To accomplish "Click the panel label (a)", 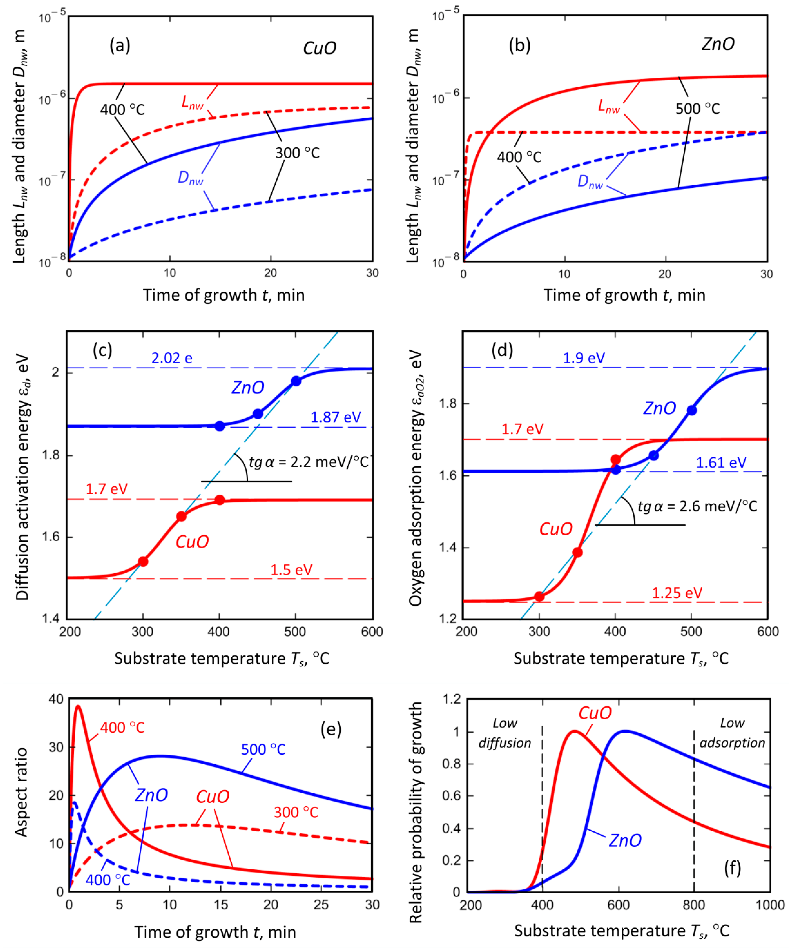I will tap(120, 46).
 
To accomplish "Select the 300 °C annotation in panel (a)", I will tap(297, 153).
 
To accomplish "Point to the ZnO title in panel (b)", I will tap(718, 44).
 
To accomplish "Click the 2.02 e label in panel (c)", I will tap(172, 358).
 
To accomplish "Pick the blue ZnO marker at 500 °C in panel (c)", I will tap(296, 381).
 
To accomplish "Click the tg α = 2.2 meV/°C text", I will tap(309, 462).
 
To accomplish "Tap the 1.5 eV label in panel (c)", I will tap(291, 570).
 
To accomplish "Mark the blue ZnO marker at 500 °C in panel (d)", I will tap(691, 410).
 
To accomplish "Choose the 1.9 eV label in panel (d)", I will tap(584, 358).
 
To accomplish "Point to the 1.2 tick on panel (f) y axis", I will tap(452, 699).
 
